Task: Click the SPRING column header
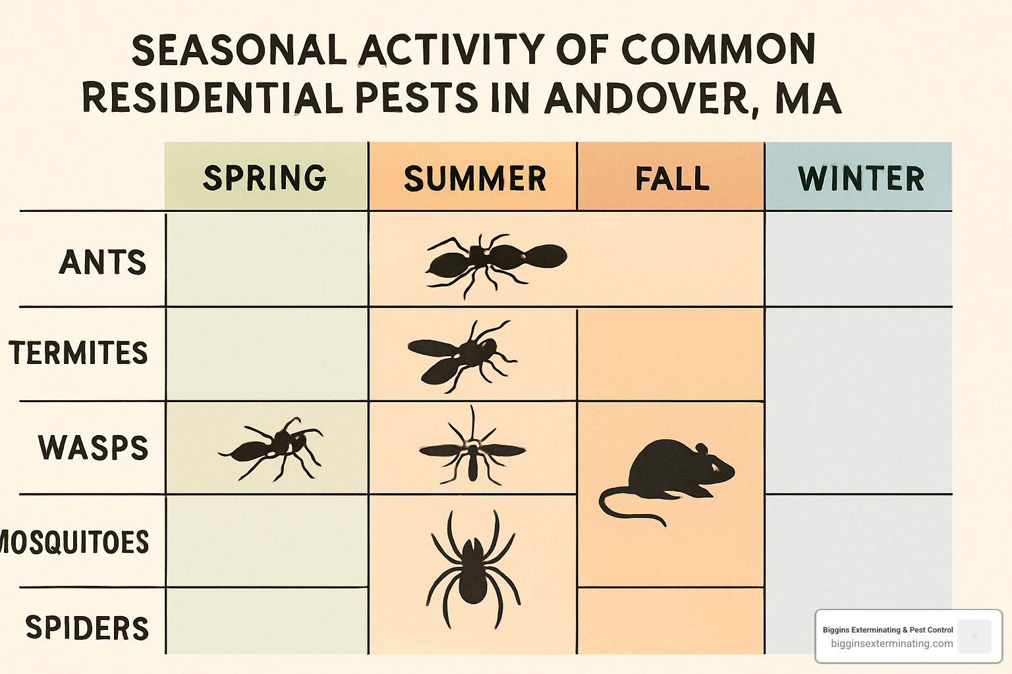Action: (x=265, y=178)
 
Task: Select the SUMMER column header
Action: (x=475, y=178)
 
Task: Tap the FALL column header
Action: (x=672, y=178)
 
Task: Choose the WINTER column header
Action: (x=861, y=178)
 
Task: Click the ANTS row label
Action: (x=103, y=262)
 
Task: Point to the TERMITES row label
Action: (x=78, y=353)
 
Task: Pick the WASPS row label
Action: (x=93, y=448)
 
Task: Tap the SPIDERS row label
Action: (x=87, y=627)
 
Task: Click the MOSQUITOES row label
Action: (x=74, y=542)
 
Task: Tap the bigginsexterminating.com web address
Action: (x=891, y=644)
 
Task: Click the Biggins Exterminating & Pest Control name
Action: (x=887, y=630)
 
